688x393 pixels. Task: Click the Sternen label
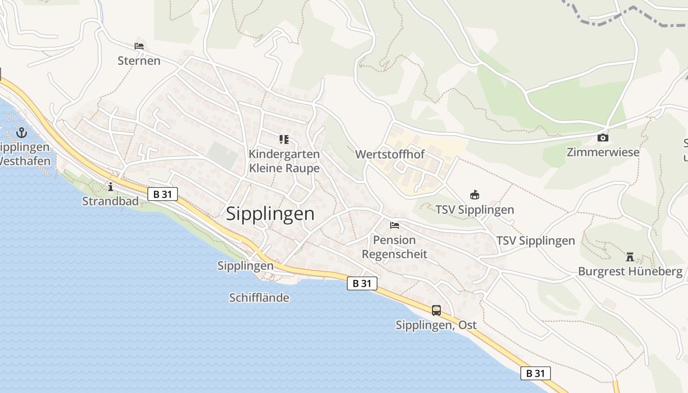139,60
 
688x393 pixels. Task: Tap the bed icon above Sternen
139,46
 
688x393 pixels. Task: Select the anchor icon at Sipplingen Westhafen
21,132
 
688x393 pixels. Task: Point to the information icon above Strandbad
110,187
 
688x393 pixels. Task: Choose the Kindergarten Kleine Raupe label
284,161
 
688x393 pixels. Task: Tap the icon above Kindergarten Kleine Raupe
284,140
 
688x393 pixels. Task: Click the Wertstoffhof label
390,154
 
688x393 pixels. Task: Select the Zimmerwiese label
603,152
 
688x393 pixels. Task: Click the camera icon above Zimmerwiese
603,138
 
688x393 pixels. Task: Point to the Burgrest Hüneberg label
630,271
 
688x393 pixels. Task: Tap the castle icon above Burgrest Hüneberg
630,256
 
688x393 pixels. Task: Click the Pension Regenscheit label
395,247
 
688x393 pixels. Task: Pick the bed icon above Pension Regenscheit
395,225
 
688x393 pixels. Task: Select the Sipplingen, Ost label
436,325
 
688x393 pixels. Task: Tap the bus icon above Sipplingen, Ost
436,310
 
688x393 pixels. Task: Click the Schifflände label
259,298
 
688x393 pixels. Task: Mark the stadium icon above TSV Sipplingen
474,195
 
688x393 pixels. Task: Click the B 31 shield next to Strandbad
163,194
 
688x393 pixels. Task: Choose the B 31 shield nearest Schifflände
362,283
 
